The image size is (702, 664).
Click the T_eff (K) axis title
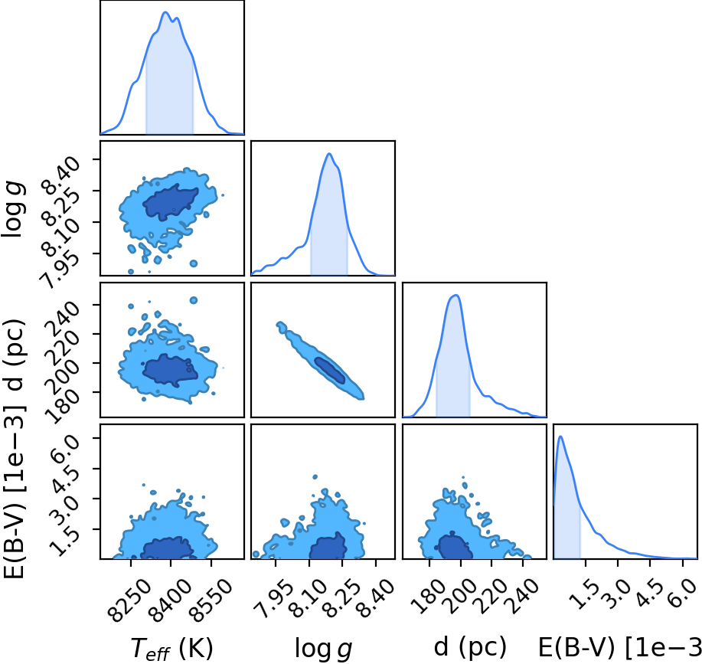(172, 648)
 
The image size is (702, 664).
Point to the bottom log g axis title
(323, 648)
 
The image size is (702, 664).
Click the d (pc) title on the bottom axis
(470, 647)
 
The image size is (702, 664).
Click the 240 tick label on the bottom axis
(522, 595)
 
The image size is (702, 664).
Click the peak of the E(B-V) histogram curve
(560, 437)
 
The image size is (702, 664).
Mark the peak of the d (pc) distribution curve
(455, 295)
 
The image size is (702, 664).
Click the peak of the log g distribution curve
(329, 154)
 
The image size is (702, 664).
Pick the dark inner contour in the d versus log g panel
(330, 370)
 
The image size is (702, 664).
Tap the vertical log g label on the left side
(14, 210)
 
